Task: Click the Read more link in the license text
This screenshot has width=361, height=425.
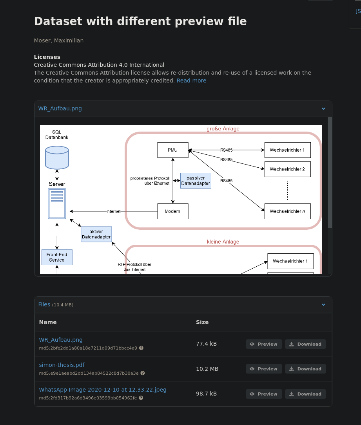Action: point(191,81)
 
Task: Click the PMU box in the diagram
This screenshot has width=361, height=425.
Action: point(172,150)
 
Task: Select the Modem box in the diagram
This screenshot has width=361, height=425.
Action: point(172,211)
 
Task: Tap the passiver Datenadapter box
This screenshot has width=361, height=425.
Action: point(196,181)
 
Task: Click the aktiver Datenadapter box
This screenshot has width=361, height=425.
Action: point(96,234)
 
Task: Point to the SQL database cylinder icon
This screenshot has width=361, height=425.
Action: point(57,157)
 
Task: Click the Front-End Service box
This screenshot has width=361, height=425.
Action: point(57,257)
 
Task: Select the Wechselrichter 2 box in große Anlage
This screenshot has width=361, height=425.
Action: point(287,169)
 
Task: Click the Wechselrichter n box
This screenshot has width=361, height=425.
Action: point(287,211)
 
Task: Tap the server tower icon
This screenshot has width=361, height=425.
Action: point(57,203)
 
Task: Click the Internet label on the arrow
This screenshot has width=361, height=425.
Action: point(114,211)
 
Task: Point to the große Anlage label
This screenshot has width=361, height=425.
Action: point(223,128)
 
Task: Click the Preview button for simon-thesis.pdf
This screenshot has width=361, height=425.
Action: point(263,369)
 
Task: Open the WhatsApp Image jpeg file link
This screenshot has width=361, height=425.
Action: point(103,390)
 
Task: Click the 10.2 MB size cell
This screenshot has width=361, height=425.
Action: point(207,369)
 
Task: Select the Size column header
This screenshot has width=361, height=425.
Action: point(202,322)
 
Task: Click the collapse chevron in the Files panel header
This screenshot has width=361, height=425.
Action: point(323,304)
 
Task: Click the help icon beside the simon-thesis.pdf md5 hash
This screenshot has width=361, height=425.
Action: point(143,373)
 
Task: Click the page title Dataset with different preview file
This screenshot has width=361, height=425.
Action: point(140,21)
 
